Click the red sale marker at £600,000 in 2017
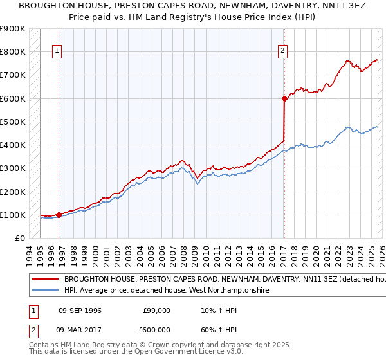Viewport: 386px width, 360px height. click(284, 98)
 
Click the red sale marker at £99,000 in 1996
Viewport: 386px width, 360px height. click(59, 215)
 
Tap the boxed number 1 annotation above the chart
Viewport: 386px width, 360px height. click(57, 51)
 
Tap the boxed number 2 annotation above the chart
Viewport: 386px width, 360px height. click(282, 51)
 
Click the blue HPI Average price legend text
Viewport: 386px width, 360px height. click(166, 291)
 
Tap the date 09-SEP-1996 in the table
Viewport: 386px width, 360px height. click(80, 310)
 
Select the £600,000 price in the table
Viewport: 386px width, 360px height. click(156, 330)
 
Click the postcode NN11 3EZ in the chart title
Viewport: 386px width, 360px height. click(295, 5)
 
